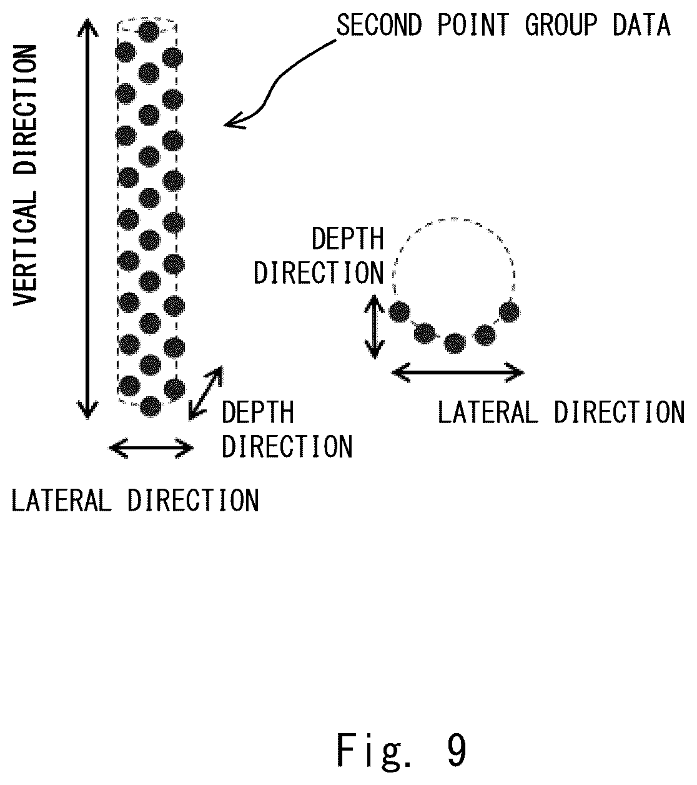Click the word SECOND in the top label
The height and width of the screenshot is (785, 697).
[378, 25]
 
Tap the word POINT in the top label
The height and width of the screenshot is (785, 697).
[472, 25]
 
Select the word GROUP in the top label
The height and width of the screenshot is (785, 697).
[561, 25]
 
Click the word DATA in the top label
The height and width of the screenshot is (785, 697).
[641, 25]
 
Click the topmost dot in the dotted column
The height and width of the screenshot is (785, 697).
[149, 31]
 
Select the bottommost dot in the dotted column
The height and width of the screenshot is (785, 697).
[151, 406]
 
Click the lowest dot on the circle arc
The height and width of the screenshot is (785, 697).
[455, 343]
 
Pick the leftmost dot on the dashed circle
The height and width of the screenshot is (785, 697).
[399, 311]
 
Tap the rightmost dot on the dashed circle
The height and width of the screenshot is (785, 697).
[510, 311]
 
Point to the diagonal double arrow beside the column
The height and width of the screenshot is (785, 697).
[205, 393]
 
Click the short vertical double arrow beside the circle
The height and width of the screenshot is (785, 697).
[374, 326]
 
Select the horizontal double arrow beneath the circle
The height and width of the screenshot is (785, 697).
[458, 372]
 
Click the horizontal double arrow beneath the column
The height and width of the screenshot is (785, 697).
[151, 448]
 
